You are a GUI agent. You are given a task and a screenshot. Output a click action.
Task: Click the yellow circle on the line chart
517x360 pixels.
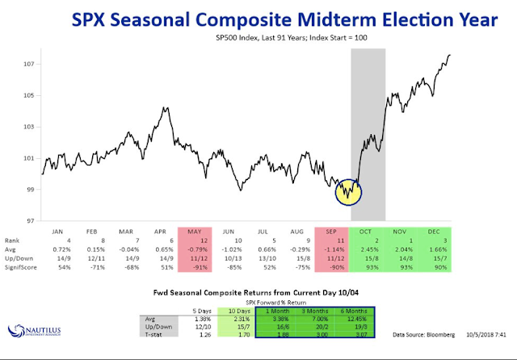pyautogui.click(x=348, y=191)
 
